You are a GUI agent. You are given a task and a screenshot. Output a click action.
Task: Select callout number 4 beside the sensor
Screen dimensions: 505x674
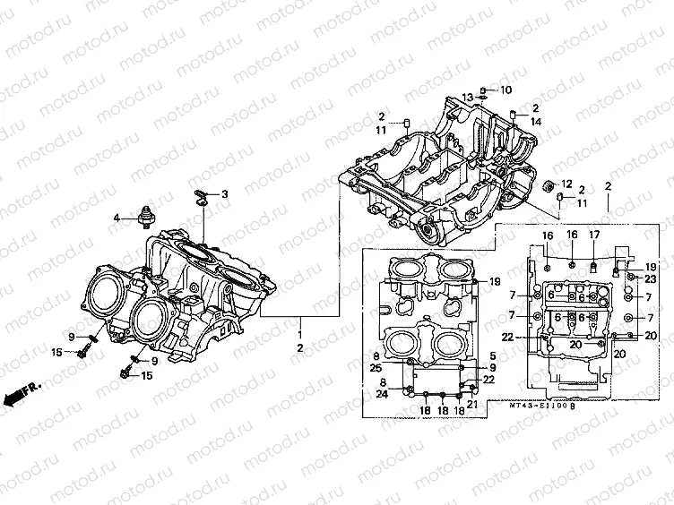116,218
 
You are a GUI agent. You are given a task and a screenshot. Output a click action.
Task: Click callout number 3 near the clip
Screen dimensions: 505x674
225,193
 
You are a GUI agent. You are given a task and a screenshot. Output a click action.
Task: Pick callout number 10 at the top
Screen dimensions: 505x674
505,90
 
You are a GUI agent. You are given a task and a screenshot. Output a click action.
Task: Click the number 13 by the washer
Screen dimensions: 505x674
467,98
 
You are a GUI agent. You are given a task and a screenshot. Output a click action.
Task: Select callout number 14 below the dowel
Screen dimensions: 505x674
535,121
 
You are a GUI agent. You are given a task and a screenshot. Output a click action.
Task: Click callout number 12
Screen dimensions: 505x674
566,184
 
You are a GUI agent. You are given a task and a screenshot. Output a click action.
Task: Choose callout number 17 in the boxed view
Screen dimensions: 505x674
593,235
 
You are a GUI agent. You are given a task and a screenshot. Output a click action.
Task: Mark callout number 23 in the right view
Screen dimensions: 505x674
650,278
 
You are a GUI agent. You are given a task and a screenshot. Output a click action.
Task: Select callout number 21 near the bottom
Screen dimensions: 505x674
471,404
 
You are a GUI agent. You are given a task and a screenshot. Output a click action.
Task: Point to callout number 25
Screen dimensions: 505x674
375,369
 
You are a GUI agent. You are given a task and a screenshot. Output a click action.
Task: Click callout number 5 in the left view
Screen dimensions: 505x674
493,357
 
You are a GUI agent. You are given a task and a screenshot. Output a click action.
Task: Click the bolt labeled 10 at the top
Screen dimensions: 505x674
483,90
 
